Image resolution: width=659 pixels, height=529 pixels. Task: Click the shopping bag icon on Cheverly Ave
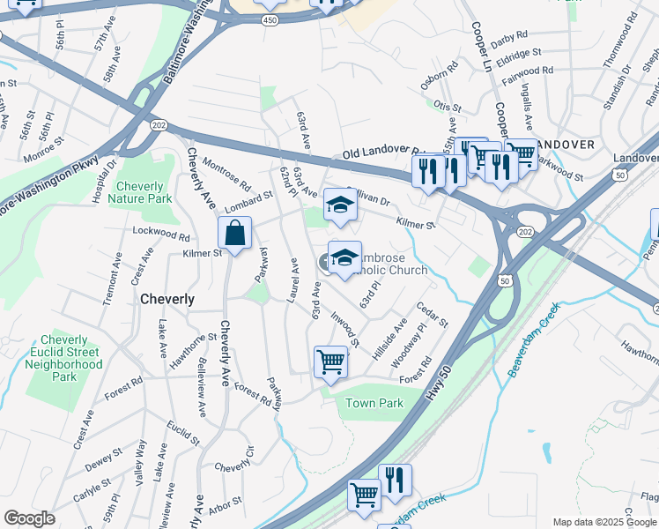tap(235, 235)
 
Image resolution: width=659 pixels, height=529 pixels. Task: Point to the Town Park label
tap(374, 404)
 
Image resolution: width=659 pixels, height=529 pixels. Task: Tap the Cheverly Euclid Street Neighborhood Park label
tap(65, 358)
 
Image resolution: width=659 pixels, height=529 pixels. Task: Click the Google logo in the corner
tap(28, 518)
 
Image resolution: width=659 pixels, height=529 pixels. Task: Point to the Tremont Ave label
tap(113, 278)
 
